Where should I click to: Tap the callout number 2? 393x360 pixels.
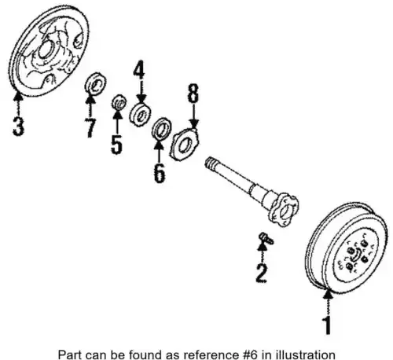262,274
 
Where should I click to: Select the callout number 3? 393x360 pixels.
18,126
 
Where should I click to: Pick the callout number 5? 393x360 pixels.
116,144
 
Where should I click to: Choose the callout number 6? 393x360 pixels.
160,173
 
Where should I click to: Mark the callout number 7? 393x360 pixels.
90,128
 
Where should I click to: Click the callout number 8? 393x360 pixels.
193,93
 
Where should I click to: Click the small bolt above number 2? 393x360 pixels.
266,238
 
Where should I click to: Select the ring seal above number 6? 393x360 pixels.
162,128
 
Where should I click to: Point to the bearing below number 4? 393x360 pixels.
141,115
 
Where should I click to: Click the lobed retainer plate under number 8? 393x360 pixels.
185,144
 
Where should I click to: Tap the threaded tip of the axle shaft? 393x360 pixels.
210,161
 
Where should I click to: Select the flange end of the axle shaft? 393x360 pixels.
284,210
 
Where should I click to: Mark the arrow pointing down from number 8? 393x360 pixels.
193,116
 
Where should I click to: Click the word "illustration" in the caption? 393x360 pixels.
313,354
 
